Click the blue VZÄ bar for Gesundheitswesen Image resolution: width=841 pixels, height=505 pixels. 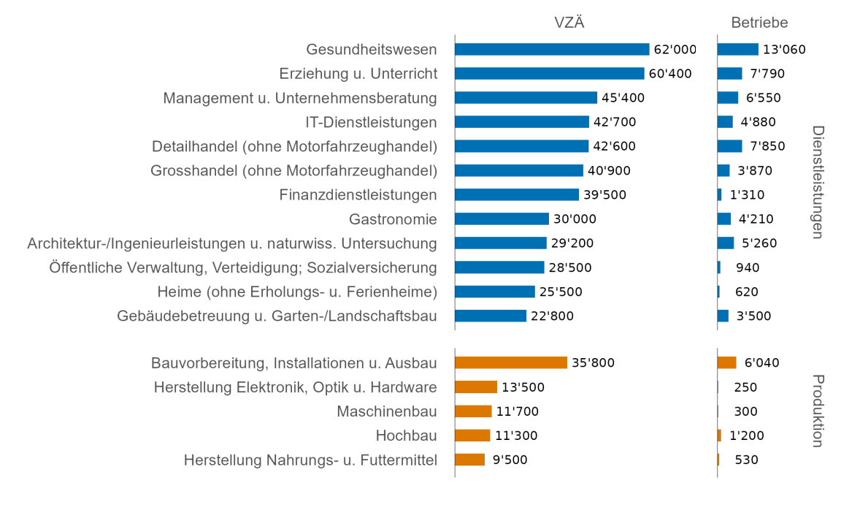click(x=551, y=50)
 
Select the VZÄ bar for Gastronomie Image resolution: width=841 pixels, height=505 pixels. click(x=502, y=219)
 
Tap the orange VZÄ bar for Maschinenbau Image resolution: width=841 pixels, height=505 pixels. click(x=473, y=411)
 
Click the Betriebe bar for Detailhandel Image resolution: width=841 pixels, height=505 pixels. click(x=729, y=146)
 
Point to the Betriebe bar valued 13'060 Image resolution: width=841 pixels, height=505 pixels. click(x=737, y=50)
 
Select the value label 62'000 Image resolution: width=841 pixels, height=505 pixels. click(x=675, y=50)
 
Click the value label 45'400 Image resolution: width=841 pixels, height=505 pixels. click(x=623, y=98)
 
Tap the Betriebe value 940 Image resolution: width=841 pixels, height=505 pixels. click(x=748, y=267)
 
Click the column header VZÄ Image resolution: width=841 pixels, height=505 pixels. click(x=569, y=23)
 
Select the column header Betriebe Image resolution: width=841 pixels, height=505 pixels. click(x=759, y=23)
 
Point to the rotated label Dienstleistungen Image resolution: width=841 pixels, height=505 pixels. click(x=818, y=182)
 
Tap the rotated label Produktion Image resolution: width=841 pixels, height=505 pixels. click(x=818, y=411)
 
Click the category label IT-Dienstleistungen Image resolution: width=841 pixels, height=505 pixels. click(x=371, y=122)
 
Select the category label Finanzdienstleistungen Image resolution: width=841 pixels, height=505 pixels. click(x=358, y=195)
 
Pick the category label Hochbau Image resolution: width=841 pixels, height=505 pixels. click(x=406, y=436)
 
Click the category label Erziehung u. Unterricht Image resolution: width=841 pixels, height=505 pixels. click(x=358, y=74)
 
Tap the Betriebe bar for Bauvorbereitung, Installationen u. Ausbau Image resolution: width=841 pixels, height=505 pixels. click(x=726, y=363)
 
